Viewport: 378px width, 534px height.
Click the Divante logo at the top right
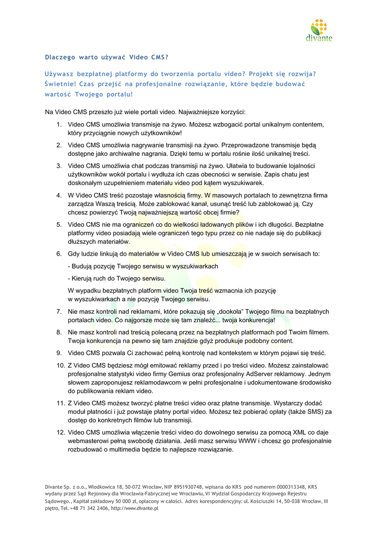coord(319,30)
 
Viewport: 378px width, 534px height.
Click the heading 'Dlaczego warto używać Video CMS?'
coord(107,56)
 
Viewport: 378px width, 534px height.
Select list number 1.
coord(60,125)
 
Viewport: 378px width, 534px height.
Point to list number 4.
coord(60,196)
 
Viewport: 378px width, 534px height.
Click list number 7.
coord(60,312)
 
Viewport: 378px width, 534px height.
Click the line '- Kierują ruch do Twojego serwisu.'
coord(116,278)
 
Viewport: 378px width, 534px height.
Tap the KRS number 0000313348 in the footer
coord(283,487)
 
